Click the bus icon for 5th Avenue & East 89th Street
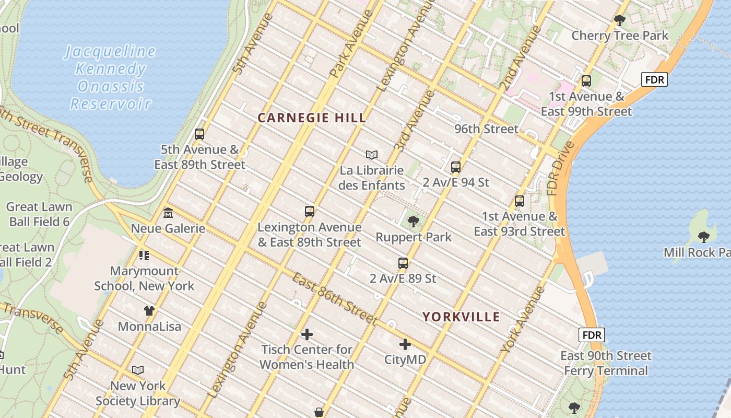[199, 134]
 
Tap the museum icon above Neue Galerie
[168, 213]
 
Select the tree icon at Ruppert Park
[414, 222]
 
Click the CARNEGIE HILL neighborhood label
[312, 118]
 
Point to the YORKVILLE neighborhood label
[461, 317]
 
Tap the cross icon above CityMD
[405, 344]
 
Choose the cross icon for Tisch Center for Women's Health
[307, 334]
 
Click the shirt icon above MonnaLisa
[149, 311]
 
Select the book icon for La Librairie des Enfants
[372, 155]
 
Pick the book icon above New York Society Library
[138, 370]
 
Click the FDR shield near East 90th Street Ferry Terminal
[592, 335]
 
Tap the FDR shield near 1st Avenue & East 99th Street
[654, 79]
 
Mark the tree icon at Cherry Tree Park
[620, 20]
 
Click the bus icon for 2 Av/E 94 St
[456, 167]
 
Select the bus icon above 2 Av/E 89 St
[403, 263]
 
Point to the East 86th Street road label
[334, 298]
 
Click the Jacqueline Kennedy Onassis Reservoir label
[111, 77]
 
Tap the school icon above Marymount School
[144, 256]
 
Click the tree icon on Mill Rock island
[704, 237]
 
